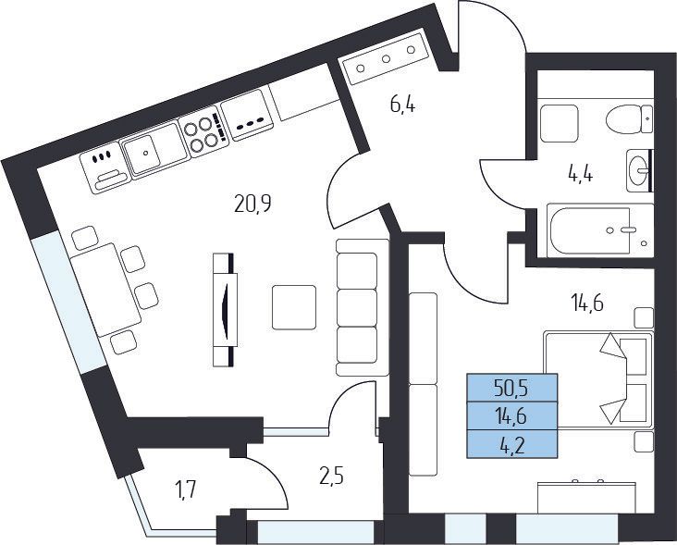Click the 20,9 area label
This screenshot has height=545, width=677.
[252, 204]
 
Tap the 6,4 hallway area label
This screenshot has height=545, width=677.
[403, 105]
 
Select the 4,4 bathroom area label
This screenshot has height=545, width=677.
[580, 175]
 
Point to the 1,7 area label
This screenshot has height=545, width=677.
[186, 490]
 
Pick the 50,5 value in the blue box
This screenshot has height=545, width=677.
[512, 390]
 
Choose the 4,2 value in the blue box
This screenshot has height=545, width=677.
[512, 445]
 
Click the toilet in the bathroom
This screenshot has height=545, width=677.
[629, 118]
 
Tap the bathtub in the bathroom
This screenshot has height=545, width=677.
[599, 230]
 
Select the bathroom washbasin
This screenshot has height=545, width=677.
[639, 170]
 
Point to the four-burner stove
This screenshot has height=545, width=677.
[203, 131]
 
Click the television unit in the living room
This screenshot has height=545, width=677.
[225, 310]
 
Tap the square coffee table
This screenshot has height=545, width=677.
[294, 307]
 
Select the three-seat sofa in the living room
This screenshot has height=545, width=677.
[357, 307]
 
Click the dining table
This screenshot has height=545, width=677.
[106, 290]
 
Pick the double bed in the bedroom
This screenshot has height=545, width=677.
[598, 379]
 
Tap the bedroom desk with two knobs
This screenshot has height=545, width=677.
[587, 497]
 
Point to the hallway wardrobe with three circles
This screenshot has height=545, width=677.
[386, 58]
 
